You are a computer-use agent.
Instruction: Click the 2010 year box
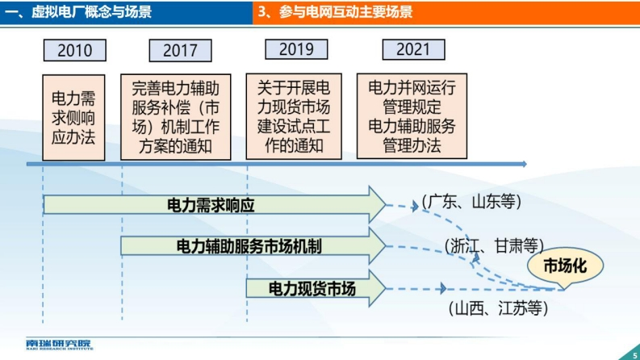(x=75, y=50)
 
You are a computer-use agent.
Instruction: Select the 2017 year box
(x=181, y=51)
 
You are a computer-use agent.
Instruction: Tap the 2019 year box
(x=296, y=49)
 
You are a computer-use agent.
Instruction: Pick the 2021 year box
(x=413, y=49)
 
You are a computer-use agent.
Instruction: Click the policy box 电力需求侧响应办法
(x=73, y=118)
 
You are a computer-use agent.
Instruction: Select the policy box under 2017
(x=175, y=117)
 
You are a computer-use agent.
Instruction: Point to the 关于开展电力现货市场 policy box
(x=294, y=116)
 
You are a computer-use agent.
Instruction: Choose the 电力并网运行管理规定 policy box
(x=412, y=116)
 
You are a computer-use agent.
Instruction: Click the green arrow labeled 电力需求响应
(x=215, y=204)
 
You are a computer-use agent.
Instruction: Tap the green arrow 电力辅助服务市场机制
(x=253, y=246)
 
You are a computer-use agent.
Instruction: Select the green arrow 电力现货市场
(x=316, y=289)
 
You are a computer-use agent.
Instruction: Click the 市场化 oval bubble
(x=565, y=266)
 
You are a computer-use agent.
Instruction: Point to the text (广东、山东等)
(x=471, y=202)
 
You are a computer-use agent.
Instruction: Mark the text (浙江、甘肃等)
(x=494, y=246)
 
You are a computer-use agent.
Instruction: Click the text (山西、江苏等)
(x=498, y=308)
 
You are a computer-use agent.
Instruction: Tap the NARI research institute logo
(x=60, y=345)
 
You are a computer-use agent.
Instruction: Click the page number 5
(x=634, y=355)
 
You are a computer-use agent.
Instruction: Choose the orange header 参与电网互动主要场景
(x=335, y=12)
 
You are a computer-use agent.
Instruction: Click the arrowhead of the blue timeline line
(x=524, y=164)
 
